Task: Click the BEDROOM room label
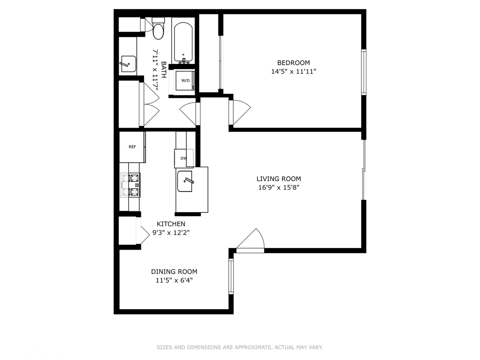[293, 63]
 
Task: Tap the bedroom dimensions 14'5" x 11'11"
[294, 71]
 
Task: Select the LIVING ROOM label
[279, 179]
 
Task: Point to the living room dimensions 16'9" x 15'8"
[279, 188]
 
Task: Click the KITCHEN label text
[171, 224]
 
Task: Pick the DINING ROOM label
[174, 272]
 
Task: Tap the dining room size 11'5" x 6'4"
[174, 280]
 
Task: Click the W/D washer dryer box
[185, 80]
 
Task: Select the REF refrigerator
[132, 147]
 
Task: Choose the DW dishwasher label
[184, 158]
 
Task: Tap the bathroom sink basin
[129, 64]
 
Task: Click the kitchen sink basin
[185, 181]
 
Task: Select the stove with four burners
[130, 185]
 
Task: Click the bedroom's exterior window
[364, 72]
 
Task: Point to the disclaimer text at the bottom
[240, 347]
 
